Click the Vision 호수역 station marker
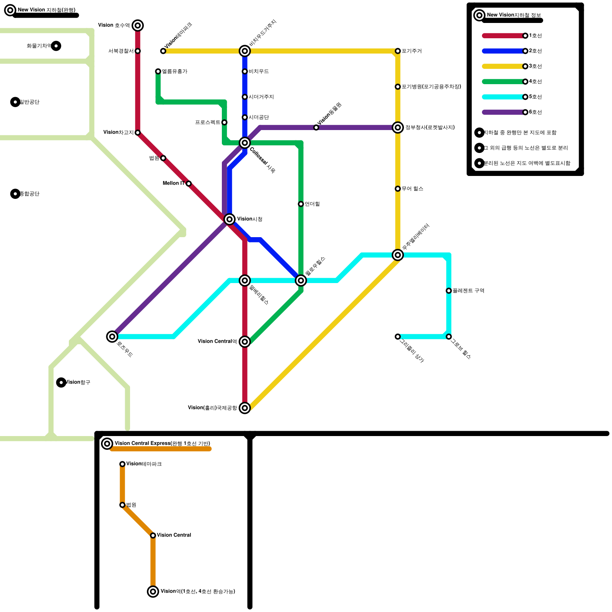138,26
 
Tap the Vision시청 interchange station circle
229,219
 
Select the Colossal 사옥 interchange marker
245,143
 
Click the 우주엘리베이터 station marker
398,255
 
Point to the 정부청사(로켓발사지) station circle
398,127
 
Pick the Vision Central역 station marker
245,342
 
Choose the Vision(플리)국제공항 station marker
245,408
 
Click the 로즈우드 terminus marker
112,337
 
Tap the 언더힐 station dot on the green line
301,204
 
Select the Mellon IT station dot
189,184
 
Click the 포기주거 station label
412,51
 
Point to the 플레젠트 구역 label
468,291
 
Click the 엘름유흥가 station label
174,72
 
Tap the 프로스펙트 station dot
225,122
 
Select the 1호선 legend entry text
535,36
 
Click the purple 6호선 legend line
503,112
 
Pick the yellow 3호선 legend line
503,66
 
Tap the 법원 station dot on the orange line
122,505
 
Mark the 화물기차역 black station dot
56,46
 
